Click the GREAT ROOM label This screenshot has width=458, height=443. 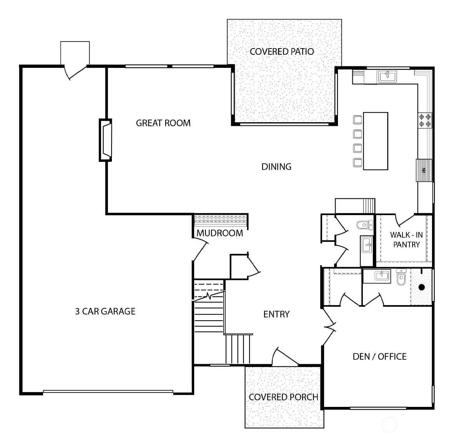(163, 123)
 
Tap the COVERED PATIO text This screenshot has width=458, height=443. (282, 52)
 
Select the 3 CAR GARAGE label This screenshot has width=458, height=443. (105, 311)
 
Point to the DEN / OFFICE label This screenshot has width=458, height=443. (379, 356)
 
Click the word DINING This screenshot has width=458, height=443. (276, 167)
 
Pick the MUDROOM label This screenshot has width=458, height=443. (219, 233)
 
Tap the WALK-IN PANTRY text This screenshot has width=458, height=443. (406, 240)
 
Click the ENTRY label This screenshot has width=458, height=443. (276, 314)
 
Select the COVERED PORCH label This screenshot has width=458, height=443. (283, 397)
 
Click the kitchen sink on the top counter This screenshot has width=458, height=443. (388, 76)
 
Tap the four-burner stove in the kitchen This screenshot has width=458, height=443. (425, 120)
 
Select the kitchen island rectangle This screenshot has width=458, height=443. (376, 141)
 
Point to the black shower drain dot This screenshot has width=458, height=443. (421, 288)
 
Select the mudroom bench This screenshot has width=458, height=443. (221, 221)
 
